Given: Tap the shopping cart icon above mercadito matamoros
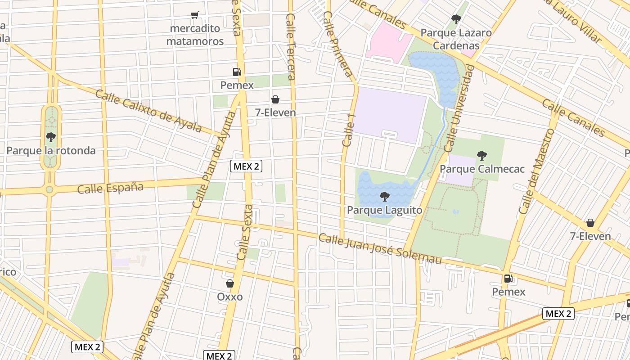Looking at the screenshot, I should click(195, 15).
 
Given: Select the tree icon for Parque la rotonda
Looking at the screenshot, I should click(51, 137).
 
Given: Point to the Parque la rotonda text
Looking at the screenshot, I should click(51, 150).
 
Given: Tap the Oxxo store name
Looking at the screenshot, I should click(229, 297).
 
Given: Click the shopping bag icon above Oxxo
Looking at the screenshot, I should click(229, 283).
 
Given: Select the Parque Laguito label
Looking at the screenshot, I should click(384, 210).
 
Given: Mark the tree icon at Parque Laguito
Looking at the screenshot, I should click(384, 196).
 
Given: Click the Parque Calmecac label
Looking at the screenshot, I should click(482, 169).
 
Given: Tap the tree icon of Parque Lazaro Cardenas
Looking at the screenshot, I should click(456, 19).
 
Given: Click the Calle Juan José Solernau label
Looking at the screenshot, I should click(380, 248).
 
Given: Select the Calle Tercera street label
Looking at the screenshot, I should click(291, 47).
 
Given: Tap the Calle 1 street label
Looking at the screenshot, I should click(349, 130).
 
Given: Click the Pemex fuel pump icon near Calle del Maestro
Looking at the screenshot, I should click(508, 279).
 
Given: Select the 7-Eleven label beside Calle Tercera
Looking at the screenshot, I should click(275, 112).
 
